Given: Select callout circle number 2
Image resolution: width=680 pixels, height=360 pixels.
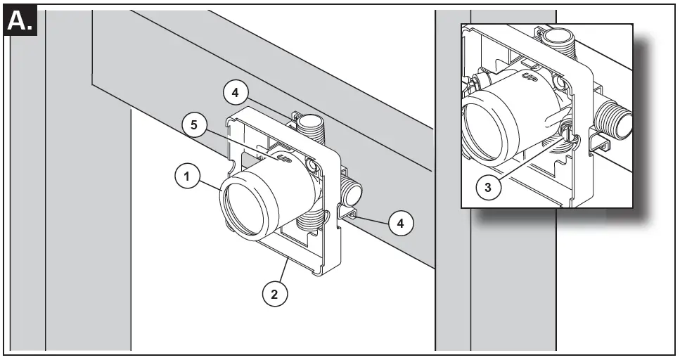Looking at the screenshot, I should point(275,295).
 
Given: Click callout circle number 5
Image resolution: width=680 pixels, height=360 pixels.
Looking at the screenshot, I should point(194,127).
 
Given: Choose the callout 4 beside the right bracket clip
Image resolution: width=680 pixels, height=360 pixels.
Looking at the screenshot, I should point(400,224).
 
